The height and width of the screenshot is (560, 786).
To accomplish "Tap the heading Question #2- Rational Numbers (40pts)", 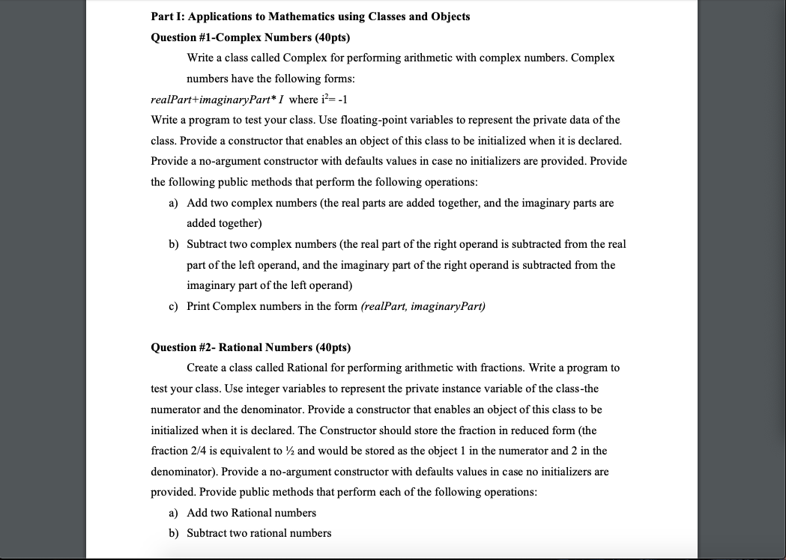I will click(x=250, y=347).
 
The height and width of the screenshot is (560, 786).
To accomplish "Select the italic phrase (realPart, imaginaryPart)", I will click(x=423, y=306).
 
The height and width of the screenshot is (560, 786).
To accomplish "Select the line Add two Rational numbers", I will click(x=251, y=513).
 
